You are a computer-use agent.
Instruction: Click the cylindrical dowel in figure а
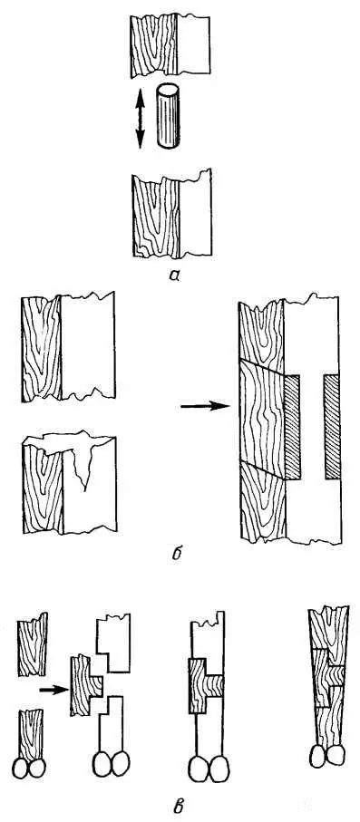pos(168,118)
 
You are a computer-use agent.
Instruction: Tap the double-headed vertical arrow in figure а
pos(141,119)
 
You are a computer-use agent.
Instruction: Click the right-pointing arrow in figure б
pos(205,406)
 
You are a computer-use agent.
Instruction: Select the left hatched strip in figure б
pos(292,427)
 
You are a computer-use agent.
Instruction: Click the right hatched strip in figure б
pos(332,427)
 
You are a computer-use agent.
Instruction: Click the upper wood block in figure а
pos(170,46)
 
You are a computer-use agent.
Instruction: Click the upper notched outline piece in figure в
pos(113,643)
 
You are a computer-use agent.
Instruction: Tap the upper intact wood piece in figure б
pos(68,347)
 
